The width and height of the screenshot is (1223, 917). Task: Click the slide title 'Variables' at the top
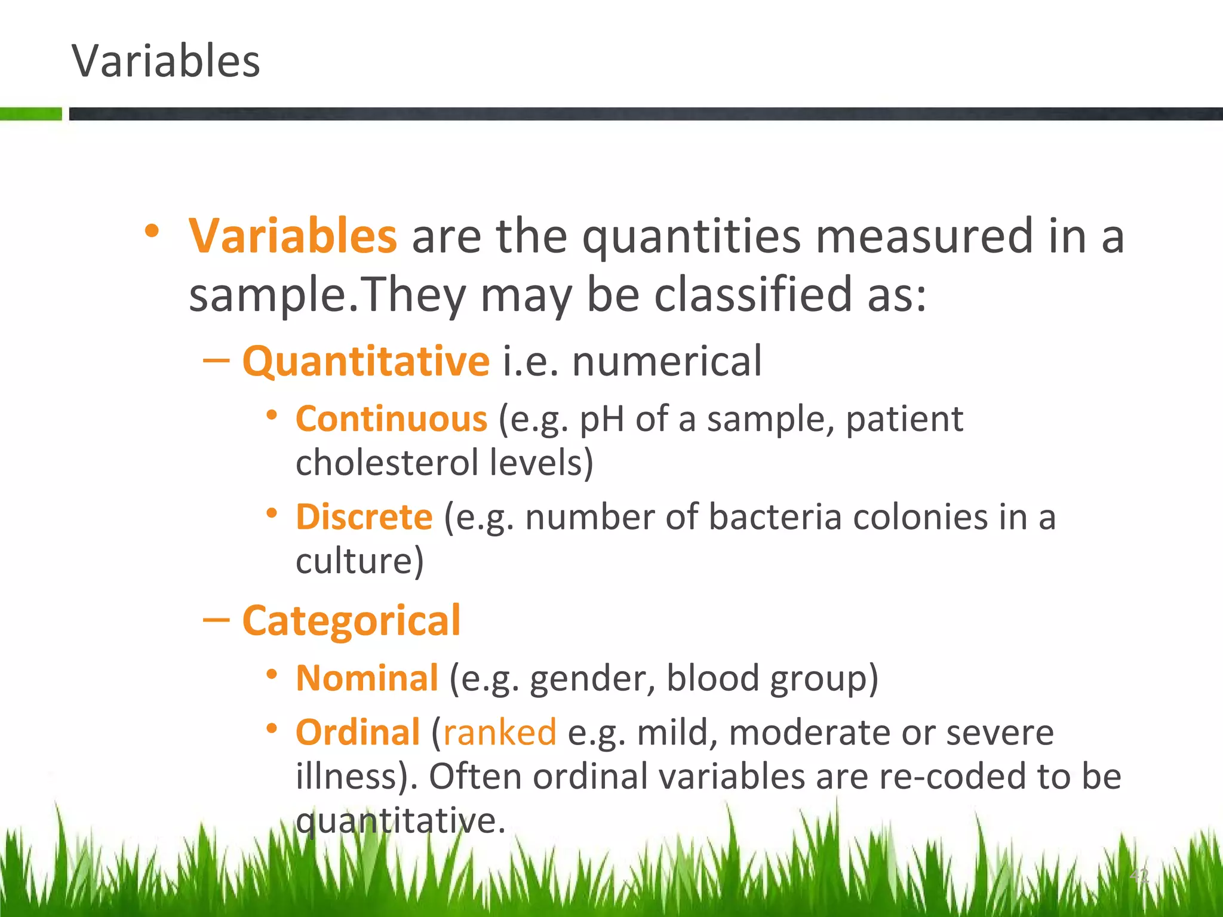coord(166,61)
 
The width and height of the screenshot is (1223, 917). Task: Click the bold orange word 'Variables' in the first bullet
coord(293,236)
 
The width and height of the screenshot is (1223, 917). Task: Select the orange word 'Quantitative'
coord(365,362)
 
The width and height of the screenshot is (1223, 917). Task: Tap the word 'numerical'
coord(666,362)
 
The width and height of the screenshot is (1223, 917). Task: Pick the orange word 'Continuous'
coord(392,419)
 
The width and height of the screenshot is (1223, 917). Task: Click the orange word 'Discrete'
coord(364,517)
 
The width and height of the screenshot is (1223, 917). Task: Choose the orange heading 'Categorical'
coord(351,621)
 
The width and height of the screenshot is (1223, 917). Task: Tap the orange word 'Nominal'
coord(367,679)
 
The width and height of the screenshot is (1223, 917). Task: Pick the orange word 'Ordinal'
coord(358,733)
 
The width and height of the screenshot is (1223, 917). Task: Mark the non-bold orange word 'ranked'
coord(499,733)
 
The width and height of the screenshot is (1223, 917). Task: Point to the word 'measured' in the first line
coord(924,236)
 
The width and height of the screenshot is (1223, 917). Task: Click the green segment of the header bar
coord(30,114)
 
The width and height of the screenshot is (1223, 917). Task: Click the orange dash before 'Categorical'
coord(216,621)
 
